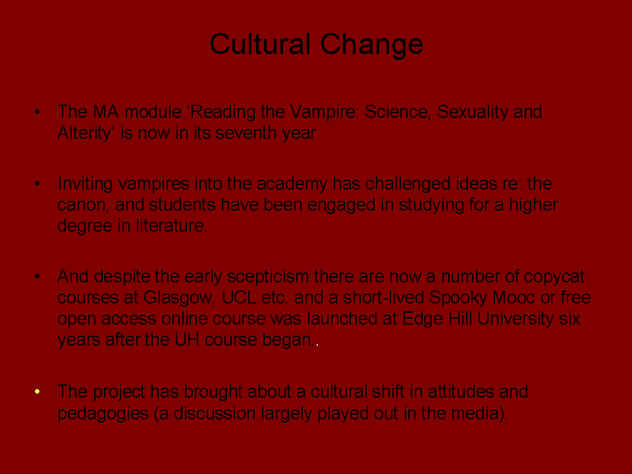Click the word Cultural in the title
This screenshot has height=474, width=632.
260,43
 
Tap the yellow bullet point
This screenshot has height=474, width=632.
37,391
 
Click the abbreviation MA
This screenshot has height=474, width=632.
106,112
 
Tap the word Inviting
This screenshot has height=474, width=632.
85,184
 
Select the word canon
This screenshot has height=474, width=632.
83,205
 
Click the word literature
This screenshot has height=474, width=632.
171,226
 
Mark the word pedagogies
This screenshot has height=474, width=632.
103,414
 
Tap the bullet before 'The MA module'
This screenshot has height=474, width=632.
37,112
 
